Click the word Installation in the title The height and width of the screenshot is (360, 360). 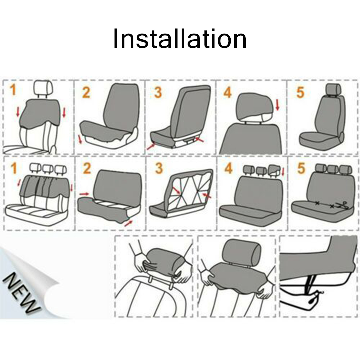(180, 39)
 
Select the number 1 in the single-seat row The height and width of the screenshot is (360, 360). (13, 90)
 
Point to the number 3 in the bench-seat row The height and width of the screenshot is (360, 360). (159, 168)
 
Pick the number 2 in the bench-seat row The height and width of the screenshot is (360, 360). (87, 168)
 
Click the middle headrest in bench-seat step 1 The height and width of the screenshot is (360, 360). (48, 169)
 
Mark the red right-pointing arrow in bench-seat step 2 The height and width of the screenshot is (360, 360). (85, 194)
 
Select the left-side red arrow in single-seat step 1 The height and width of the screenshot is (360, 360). (18, 112)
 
